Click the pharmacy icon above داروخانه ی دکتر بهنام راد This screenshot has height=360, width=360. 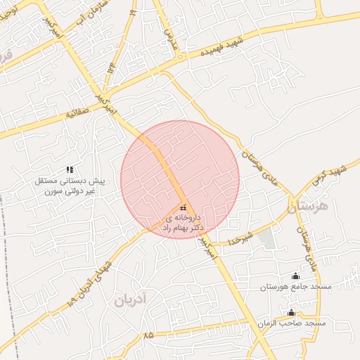[x=184, y=207]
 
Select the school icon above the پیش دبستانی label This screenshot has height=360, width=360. [x=70, y=169]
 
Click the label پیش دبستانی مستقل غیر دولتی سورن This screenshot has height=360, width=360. [x=70, y=186]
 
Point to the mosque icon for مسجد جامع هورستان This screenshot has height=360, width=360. [x=295, y=276]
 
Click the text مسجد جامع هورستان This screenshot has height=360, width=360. [x=295, y=287]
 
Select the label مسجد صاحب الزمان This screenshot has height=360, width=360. [x=290, y=323]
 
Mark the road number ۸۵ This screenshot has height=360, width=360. [x=148, y=337]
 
